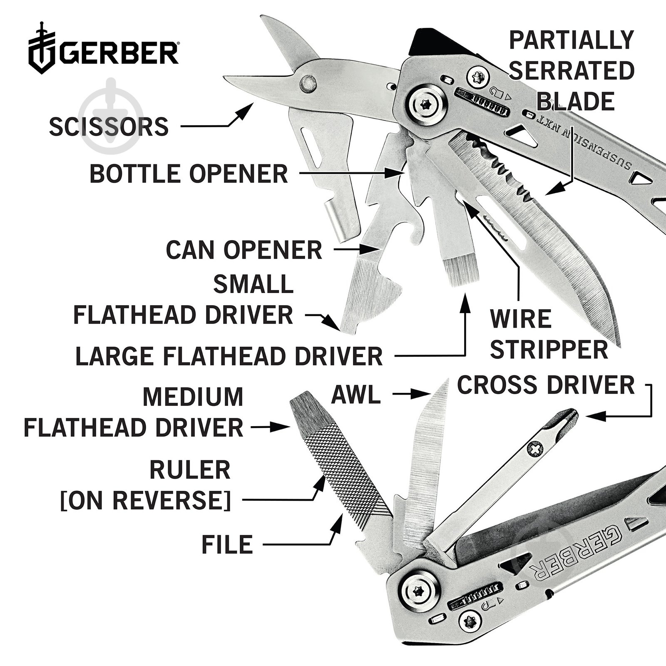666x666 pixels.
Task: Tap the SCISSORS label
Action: click(x=109, y=127)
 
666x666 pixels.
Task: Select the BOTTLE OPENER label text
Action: click(x=189, y=174)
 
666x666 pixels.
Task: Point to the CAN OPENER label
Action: click(x=244, y=250)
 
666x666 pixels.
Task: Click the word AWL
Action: click(x=356, y=394)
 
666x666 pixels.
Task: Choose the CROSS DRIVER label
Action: click(x=546, y=385)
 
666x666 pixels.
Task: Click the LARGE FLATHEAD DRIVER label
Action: click(x=229, y=356)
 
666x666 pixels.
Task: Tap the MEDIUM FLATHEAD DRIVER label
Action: click(x=133, y=412)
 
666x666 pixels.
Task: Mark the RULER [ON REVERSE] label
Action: click(x=146, y=485)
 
